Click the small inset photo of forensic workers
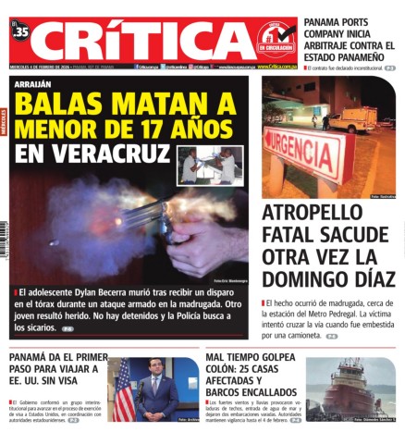[209, 166]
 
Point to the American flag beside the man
[123, 393]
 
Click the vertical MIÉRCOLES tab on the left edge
[4, 120]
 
